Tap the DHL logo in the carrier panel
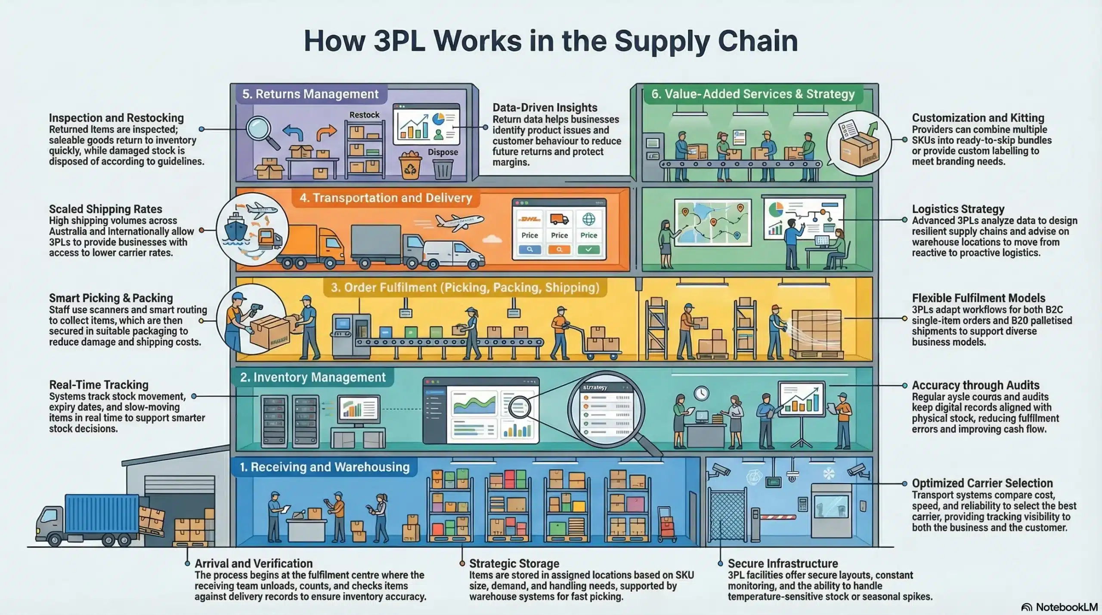[x=529, y=219]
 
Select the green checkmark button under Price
[x=588, y=249]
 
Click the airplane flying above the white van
[x=459, y=221]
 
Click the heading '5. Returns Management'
[x=310, y=94]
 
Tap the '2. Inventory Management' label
[x=313, y=377]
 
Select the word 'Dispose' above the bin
[x=443, y=152]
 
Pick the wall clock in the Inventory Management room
[x=701, y=392]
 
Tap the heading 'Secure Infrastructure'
[x=783, y=563]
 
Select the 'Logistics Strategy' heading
[x=958, y=209]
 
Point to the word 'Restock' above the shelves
[x=364, y=115]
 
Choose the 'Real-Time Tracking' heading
[x=99, y=385]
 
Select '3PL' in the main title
[x=399, y=41]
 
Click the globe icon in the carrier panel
[x=588, y=219]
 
